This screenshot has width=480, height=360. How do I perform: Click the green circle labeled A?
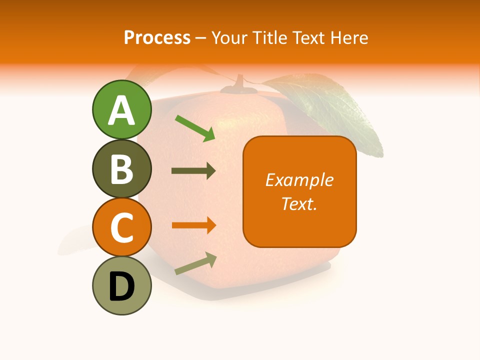pos(122,109)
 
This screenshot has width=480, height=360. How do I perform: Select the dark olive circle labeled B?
pos(122,168)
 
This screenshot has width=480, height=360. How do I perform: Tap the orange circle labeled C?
pos(122,227)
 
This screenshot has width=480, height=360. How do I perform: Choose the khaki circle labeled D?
pos(122,285)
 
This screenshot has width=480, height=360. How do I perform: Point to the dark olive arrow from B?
pos(193,171)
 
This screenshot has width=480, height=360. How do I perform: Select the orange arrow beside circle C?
pos(193,225)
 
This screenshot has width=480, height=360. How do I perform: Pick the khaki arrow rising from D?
pos(195,263)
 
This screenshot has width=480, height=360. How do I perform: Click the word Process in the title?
pos(157,37)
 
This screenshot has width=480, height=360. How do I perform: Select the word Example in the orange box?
pos(299,180)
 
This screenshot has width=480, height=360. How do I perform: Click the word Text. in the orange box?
pos(299,203)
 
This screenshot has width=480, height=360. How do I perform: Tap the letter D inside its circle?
pos(122,286)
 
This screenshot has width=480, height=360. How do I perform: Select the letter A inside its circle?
pos(122,110)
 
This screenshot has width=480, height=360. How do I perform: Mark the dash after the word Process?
pos(201,38)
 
